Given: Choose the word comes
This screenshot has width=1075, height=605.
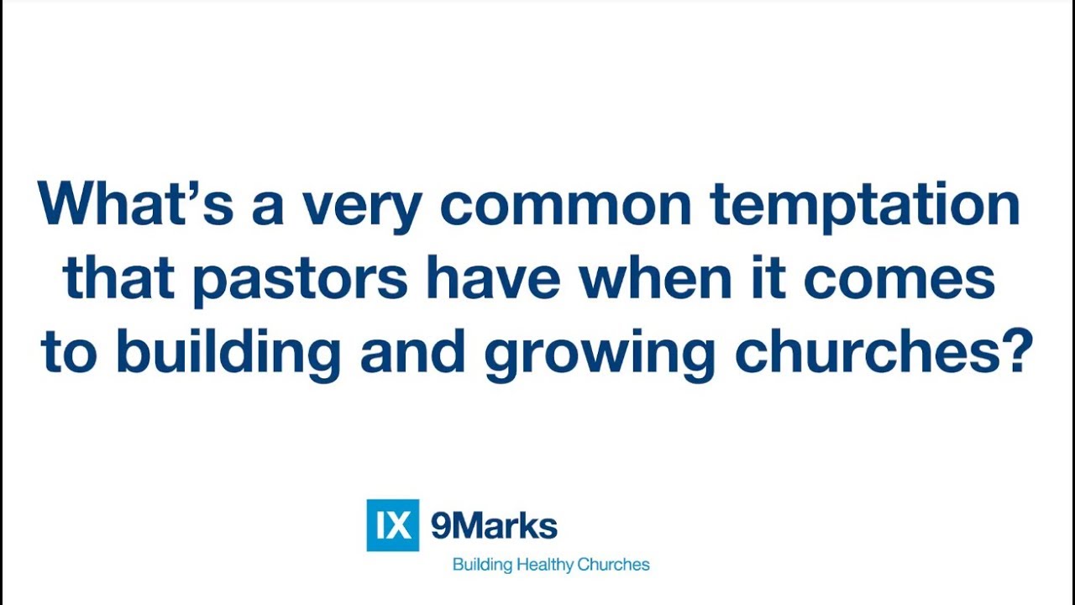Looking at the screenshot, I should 899,281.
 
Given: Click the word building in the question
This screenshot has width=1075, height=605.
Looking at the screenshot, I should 228,354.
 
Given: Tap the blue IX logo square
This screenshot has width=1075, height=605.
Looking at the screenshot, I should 392,525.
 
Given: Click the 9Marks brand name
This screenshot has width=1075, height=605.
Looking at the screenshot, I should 494,526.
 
